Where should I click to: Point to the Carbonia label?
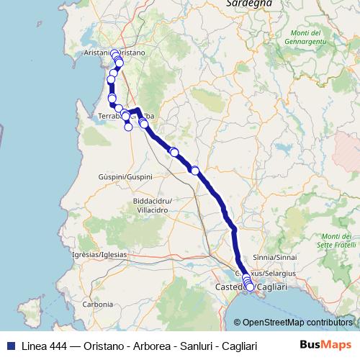coord(97,305)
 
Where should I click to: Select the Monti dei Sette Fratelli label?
coord(336,240)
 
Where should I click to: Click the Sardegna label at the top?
coord(248,4)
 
